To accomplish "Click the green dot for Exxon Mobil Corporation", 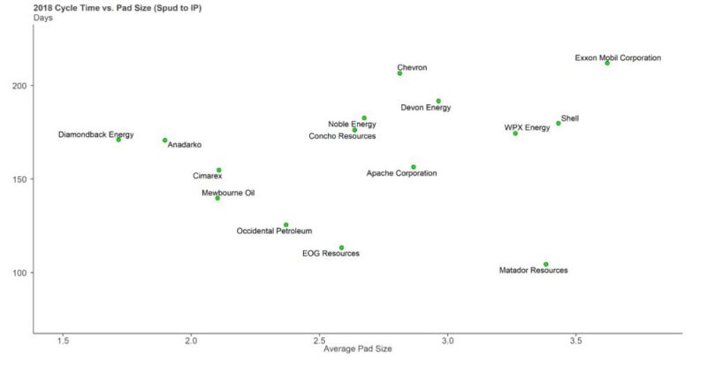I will point(607,63).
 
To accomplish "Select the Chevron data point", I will point(399,73).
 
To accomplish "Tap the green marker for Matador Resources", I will point(546,264).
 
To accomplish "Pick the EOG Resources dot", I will point(342,248).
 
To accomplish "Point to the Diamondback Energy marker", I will point(118,140).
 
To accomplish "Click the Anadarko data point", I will point(165,141).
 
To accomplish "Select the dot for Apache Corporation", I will point(414,167).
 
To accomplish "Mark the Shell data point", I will point(559,123).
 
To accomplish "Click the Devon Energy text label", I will point(425,108).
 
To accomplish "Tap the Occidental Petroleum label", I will point(274,231).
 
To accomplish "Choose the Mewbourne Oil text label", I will point(227,193).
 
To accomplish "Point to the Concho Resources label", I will point(342,136).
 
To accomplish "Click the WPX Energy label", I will point(527,127).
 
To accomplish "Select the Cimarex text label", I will point(208,176).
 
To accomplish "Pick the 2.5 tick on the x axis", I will point(318,340).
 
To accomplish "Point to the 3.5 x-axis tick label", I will point(575,340).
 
